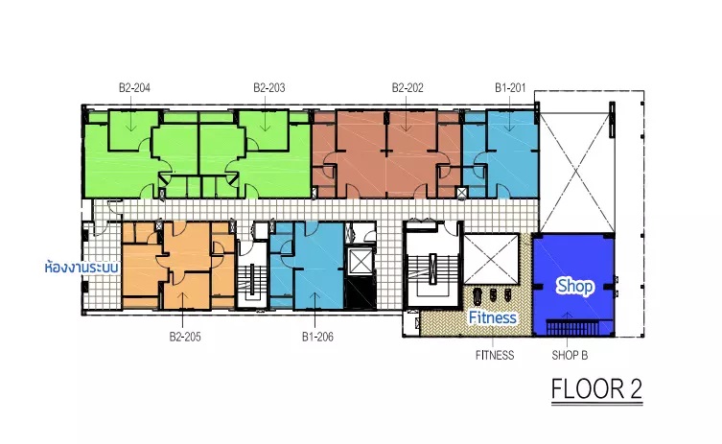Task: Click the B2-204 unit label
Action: [x=134, y=87]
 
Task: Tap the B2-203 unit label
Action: [x=269, y=87]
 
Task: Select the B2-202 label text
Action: [x=408, y=87]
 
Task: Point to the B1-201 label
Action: [x=510, y=87]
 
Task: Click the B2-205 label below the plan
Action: [x=185, y=337]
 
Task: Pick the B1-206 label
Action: [x=317, y=337]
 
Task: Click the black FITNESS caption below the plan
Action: [x=495, y=355]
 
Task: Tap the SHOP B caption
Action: [x=570, y=355]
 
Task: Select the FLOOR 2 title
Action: [x=596, y=388]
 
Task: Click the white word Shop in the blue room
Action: [x=575, y=286]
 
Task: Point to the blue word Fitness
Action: [x=492, y=317]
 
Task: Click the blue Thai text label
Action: [x=82, y=268]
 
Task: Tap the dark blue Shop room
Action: [x=573, y=284]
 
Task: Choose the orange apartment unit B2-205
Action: [x=178, y=265]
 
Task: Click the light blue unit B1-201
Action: [x=501, y=154]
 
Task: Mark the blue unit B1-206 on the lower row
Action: [x=307, y=266]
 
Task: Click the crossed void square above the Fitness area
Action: [x=491, y=259]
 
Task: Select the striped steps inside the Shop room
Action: [x=573, y=327]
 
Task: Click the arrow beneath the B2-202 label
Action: [x=407, y=121]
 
